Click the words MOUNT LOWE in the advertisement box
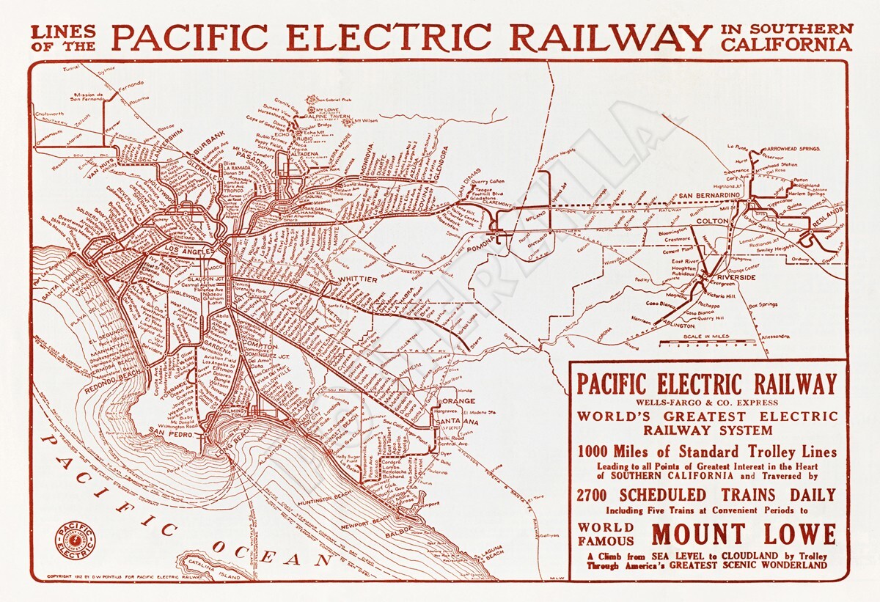tap(744, 533)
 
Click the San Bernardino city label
tap(708, 195)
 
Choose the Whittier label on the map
tap(357, 279)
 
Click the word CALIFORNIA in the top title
tap(787, 45)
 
